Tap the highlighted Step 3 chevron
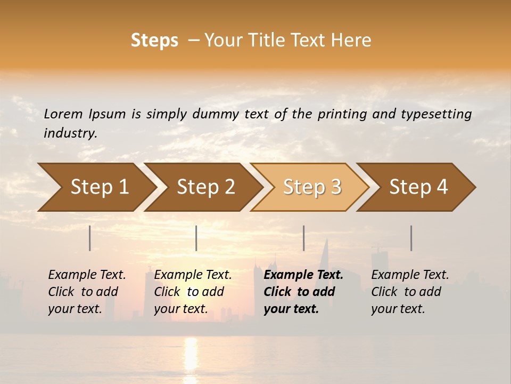coord(312,187)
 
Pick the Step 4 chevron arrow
coord(418,187)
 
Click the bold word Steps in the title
coord(154,41)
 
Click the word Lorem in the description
coord(63,114)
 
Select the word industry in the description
coord(70,133)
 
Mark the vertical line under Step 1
coord(90,238)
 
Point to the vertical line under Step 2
coord(196,238)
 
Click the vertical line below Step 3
coord(303,238)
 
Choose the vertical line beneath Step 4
coord(411,238)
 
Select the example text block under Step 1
coord(87,292)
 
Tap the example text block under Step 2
coord(193,292)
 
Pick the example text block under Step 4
coord(410,292)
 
